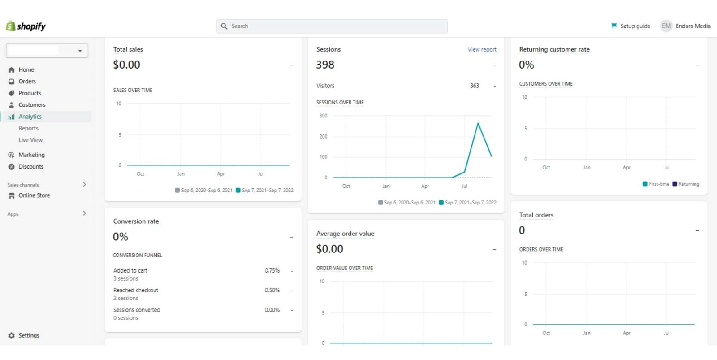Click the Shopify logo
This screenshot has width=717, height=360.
[26, 26]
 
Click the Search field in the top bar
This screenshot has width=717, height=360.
[332, 26]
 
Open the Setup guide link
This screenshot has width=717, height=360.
[631, 26]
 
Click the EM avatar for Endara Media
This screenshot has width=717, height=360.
[666, 26]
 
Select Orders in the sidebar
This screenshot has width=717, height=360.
[27, 82]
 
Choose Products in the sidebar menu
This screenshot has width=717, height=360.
[30, 93]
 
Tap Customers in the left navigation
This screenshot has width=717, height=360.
[32, 105]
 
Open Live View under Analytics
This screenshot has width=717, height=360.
[30, 140]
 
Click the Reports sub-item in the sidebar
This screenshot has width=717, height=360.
[28, 128]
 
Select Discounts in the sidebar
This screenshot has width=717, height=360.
[31, 167]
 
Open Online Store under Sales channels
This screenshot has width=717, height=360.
[34, 195]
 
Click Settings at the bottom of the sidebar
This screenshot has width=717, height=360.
[29, 335]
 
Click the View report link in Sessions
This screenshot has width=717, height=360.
[482, 50]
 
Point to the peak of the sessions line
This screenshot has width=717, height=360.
[478, 123]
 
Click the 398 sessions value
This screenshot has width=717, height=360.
[325, 65]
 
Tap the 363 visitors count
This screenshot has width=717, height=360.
[475, 86]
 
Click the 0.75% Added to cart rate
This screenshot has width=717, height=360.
[272, 270]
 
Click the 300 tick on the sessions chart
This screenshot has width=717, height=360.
[323, 116]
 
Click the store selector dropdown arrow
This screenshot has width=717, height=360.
[80, 51]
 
